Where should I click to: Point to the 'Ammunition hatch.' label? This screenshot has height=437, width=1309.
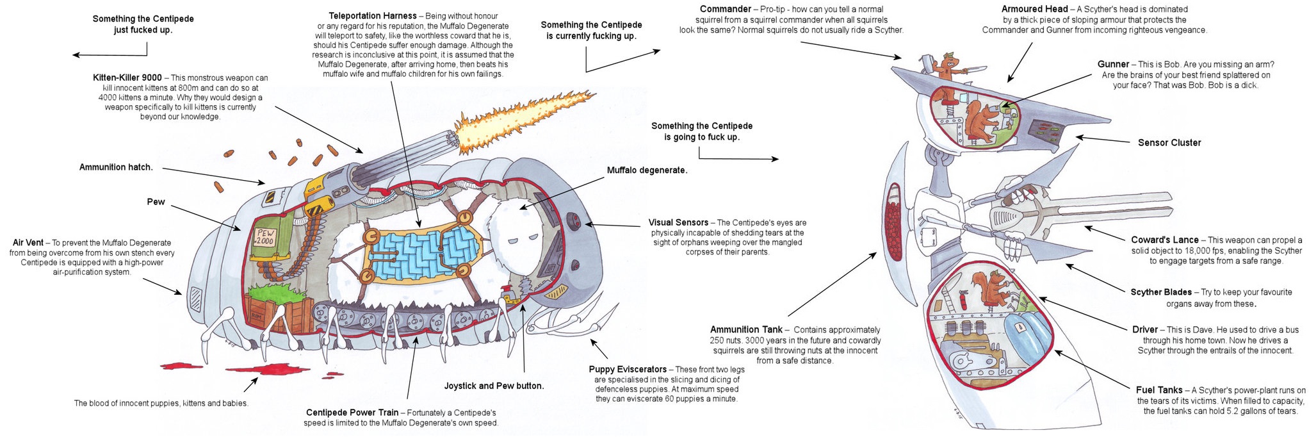pyautogui.click(x=116, y=167)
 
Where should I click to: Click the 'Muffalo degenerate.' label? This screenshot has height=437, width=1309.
pyautogui.click(x=647, y=170)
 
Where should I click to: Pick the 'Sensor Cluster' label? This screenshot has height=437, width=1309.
pyautogui.click(x=1169, y=143)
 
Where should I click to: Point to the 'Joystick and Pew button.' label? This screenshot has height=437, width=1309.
pyautogui.click(x=494, y=386)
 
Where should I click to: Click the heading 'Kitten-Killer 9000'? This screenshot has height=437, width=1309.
pyautogui.click(x=127, y=78)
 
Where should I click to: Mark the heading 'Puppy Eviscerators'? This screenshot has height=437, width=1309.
pyautogui.click(x=628, y=370)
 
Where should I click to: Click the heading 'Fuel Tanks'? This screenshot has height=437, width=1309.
pyautogui.click(x=1159, y=390)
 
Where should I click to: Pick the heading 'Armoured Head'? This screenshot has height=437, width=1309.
pyautogui.click(x=1034, y=10)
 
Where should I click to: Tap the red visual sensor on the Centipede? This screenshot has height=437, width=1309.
pyautogui.click(x=575, y=222)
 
